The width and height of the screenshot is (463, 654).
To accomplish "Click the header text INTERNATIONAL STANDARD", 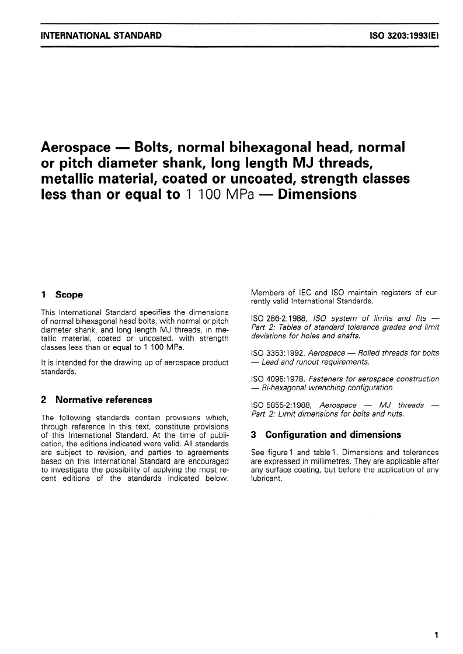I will pos(101,36).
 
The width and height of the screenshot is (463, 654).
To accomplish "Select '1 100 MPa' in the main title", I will pos(222,194).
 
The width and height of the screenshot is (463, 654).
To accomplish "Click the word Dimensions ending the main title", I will pos(317,194).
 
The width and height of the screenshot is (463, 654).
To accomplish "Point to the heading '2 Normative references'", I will pos(96,400).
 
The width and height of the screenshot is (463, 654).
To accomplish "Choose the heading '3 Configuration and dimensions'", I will pos(325,435).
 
